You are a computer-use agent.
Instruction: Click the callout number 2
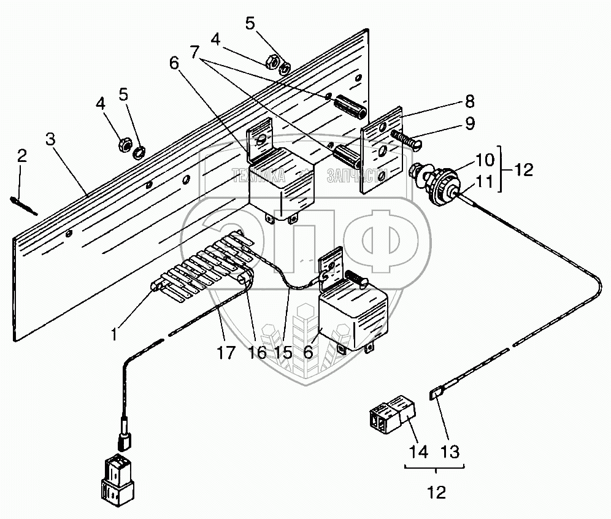click(22, 155)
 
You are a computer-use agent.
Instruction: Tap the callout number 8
click(469, 101)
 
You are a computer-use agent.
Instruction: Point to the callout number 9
click(469, 123)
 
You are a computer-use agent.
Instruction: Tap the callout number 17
click(226, 353)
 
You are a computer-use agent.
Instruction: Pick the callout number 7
click(195, 52)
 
